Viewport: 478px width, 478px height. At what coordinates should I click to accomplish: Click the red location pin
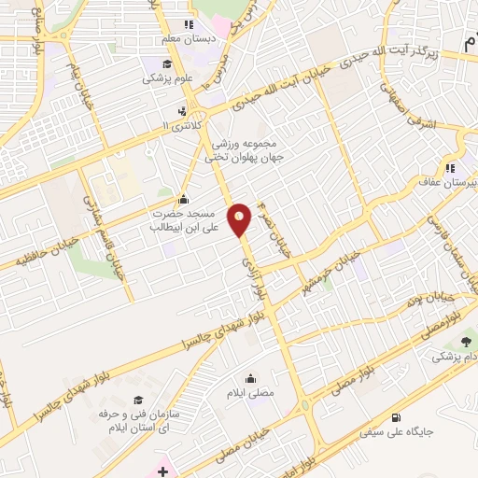pos(241,219)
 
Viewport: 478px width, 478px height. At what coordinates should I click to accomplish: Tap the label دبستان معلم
pos(211,39)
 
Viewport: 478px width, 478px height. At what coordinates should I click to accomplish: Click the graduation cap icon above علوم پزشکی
pos(166,63)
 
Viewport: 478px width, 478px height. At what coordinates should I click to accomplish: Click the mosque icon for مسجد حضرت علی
pos(183,199)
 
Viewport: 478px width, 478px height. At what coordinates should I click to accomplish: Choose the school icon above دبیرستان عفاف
pos(449,169)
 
